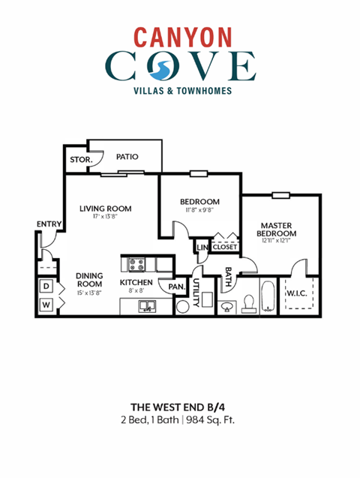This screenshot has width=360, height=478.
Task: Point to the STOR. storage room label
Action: click(80, 160)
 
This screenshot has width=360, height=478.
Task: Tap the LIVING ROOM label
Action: click(106, 208)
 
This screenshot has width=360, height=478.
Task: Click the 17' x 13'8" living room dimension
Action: click(106, 217)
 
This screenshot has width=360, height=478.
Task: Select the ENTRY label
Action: click(49, 224)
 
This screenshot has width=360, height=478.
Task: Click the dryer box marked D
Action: click(46, 286)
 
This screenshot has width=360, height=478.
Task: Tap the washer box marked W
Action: click(46, 305)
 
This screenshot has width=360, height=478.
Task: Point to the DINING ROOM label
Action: click(89, 280)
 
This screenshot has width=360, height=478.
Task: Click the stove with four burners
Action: click(136, 264)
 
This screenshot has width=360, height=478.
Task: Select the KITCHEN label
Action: click(136, 283)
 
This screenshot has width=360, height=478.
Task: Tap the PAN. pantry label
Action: click(177, 286)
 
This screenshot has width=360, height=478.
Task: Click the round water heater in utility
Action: click(182, 306)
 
